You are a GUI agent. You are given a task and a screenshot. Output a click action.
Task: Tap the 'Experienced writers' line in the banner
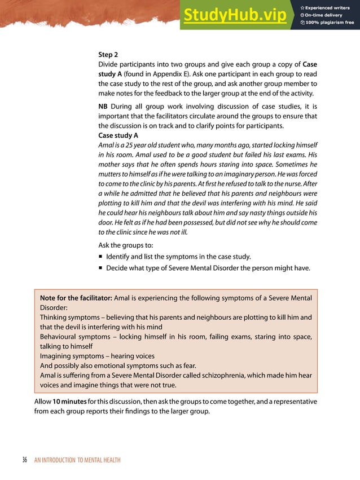pyautogui.click(x=330, y=7)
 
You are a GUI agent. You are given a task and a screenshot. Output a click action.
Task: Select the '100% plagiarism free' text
pyautogui.click(x=330, y=23)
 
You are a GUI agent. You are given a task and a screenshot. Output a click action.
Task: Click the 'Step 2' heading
pyautogui.click(x=108, y=55)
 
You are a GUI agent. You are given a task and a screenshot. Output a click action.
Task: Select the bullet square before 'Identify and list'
pyautogui.click(x=100, y=257)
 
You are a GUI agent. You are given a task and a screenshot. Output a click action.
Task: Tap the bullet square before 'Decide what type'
pyautogui.click(x=100, y=268)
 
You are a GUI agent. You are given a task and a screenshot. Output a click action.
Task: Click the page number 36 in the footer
pyautogui.click(x=24, y=460)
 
